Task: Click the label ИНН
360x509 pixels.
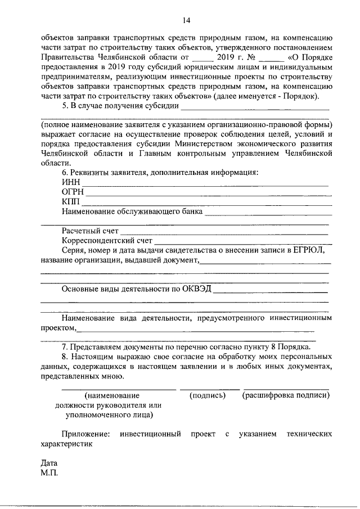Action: tap(71, 182)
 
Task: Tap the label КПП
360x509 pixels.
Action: tap(71, 202)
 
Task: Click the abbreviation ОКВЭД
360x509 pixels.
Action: tap(196, 289)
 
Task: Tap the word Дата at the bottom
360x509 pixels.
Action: tap(49, 463)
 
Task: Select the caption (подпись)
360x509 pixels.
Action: tap(208, 395)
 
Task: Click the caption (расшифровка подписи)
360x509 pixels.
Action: tap(286, 395)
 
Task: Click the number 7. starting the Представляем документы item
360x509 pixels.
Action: tap(65, 346)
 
